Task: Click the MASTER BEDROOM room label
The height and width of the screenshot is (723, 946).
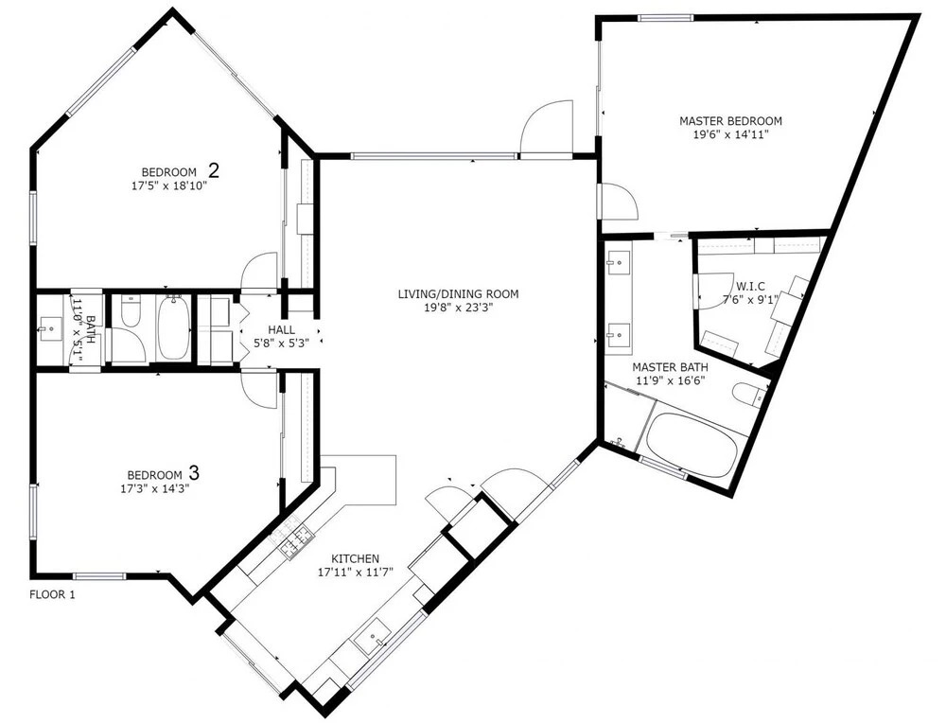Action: pos(730,121)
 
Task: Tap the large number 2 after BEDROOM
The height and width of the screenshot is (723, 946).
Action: pos(214,170)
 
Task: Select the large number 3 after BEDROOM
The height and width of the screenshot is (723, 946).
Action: pos(194,472)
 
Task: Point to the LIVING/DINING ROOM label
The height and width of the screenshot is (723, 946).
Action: pos(458,294)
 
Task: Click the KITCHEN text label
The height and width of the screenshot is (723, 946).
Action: pos(356,559)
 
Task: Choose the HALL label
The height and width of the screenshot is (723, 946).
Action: pos(282,329)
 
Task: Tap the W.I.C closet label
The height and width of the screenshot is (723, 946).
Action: pos(750,286)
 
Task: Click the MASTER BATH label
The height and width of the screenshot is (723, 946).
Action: pos(671,367)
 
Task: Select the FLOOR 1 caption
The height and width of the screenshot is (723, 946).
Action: pos(52,594)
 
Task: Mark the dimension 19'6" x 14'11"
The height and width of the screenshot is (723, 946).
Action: pos(730,134)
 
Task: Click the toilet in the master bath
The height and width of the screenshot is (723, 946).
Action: pos(748,395)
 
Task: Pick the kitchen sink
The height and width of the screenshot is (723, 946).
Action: pos(373,637)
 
